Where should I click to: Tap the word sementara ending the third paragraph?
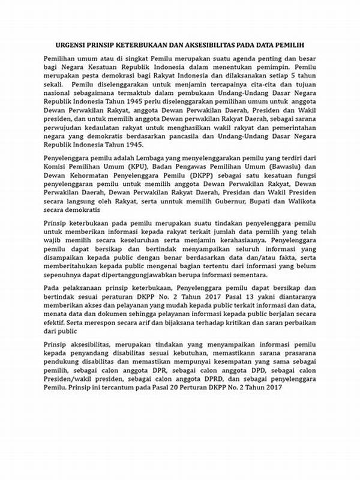249,275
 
